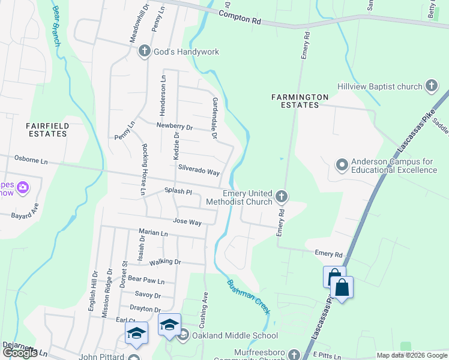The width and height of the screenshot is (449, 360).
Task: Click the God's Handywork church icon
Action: coord(145,52)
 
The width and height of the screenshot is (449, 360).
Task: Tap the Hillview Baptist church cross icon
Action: coord(431,86)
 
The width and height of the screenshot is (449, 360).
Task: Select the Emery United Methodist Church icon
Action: coord(281,196)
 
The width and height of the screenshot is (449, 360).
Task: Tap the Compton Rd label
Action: coord(244,20)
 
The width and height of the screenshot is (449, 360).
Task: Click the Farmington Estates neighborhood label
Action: coord(300,101)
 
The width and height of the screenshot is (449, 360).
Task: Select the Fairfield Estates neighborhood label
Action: coord(46,130)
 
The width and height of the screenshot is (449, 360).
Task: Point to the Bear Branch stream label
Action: coord(56,26)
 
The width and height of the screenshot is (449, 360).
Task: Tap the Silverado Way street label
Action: coord(199,172)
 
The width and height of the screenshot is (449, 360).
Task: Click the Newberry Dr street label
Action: coord(174,127)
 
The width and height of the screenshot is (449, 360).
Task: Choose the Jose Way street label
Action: coord(187,222)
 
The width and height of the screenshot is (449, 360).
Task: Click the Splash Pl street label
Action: coord(178,192)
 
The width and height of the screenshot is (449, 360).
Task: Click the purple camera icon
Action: coord(23,188)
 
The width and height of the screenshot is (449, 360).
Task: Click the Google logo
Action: coord(20,353)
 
